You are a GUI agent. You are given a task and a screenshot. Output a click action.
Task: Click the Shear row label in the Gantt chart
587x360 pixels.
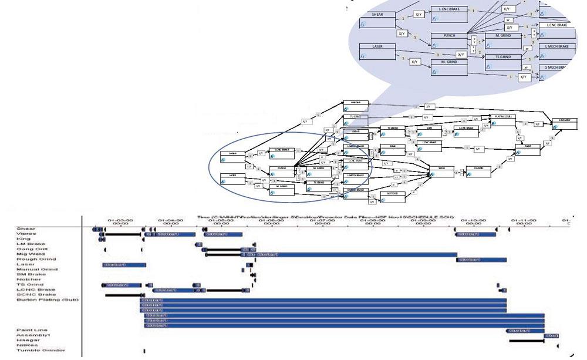coord(26,228)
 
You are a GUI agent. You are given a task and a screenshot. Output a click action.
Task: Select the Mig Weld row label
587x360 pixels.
coord(30,254)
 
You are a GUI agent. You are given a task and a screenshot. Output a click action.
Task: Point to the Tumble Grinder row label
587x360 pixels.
coord(41,351)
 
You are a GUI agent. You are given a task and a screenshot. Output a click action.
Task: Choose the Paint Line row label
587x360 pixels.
coord(32,331)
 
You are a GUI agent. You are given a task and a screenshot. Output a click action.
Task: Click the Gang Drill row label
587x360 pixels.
coord(32,249)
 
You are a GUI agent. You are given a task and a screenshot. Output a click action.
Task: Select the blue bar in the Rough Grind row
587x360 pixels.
coord(481,260)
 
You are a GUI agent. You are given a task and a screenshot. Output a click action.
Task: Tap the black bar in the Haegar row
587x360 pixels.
coord(526,341)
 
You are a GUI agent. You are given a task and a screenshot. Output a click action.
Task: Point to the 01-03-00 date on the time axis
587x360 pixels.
coord(117,221)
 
